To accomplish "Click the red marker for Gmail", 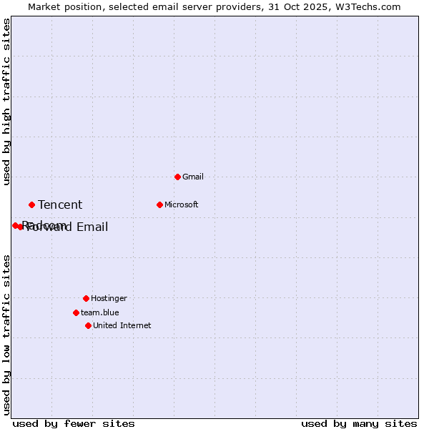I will (177, 177).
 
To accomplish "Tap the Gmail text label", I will (193, 177).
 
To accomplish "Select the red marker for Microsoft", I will (159, 204).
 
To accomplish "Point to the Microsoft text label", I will (181, 204).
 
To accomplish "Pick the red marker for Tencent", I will (31, 204).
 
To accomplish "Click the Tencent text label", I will (60, 205).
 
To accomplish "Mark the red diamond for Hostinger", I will (86, 298).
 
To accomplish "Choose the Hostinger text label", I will (109, 298).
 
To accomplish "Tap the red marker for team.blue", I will (76, 312).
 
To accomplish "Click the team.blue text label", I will (99, 312).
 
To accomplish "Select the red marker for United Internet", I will (88, 325).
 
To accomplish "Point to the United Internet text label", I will (122, 325).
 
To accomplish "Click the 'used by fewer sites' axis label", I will (74, 423).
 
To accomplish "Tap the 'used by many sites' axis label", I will (359, 423).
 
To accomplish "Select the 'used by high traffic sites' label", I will (7, 102).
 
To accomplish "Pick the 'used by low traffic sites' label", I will (7, 334).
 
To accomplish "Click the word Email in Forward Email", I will (92, 227).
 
